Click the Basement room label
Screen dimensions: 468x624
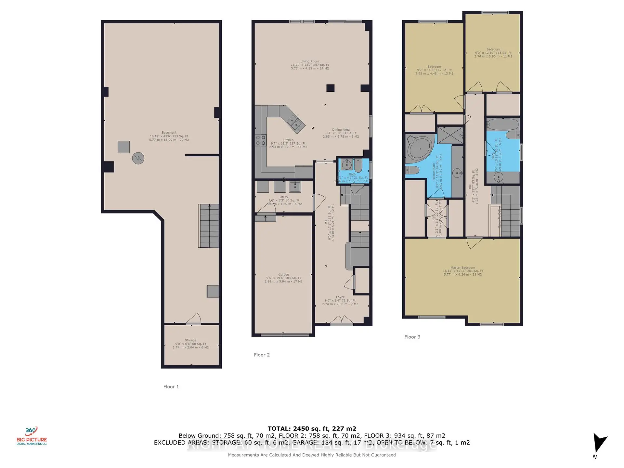click(x=169, y=136)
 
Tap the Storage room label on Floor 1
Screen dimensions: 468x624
click(x=191, y=344)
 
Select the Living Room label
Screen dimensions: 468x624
click(x=310, y=65)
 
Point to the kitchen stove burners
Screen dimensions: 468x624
click(x=260, y=140)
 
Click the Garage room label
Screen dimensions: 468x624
click(x=283, y=278)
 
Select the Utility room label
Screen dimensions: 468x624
click(x=284, y=200)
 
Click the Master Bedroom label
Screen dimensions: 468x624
click(x=463, y=271)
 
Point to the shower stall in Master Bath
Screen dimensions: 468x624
click(x=450, y=135)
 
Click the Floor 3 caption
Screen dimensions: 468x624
click(x=412, y=337)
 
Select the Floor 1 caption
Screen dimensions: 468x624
click(x=171, y=387)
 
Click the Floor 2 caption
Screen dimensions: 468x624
click(x=262, y=355)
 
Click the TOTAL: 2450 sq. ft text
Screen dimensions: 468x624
click(x=312, y=429)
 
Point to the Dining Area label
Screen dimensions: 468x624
click(x=341, y=133)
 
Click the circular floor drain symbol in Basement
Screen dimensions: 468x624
click(x=138, y=158)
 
